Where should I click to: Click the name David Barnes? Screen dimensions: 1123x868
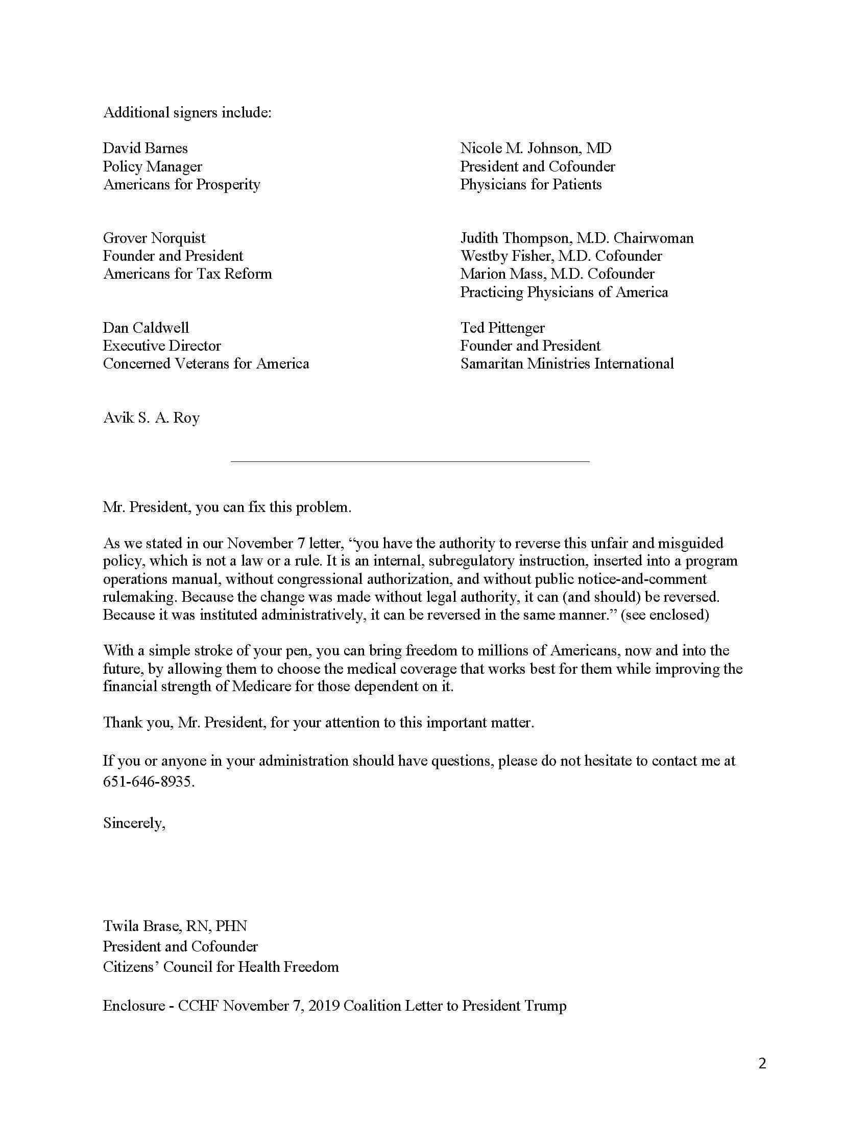pos(145,149)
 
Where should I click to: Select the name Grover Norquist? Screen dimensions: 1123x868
pos(154,238)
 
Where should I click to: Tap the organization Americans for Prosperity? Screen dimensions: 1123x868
pos(182,185)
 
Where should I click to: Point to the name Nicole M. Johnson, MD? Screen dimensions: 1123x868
pos(535,149)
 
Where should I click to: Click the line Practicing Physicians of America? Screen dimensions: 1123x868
pos(564,292)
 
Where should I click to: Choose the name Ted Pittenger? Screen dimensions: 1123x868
pos(502,328)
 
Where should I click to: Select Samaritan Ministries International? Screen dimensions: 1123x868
pos(567,363)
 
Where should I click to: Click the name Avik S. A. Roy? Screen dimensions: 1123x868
pos(151,418)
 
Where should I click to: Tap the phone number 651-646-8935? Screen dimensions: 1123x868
pos(148,782)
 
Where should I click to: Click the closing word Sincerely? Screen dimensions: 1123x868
pos(134,823)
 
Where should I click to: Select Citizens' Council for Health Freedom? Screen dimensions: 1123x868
pos(221,967)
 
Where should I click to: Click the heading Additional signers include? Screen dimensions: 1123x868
pos(187,113)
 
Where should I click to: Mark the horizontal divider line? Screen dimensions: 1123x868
pos(410,462)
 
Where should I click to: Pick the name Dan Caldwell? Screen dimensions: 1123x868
pos(146,328)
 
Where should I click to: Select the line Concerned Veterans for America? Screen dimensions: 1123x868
pos(206,363)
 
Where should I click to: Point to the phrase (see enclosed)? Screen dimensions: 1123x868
pos(665,615)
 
